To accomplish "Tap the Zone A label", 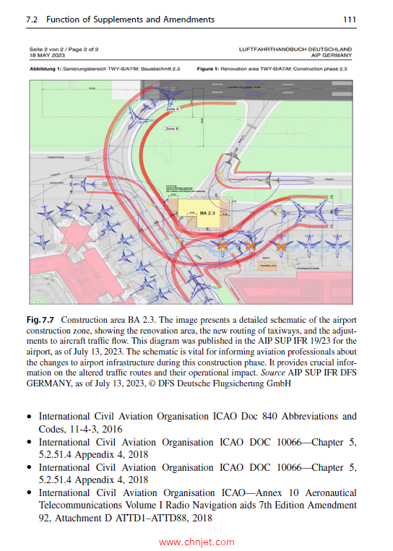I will [172, 108].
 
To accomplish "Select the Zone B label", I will [172, 128].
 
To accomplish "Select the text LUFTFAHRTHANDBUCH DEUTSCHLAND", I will [296, 48].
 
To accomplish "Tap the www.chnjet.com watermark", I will [196, 541].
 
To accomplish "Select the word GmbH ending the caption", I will [277, 385].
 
